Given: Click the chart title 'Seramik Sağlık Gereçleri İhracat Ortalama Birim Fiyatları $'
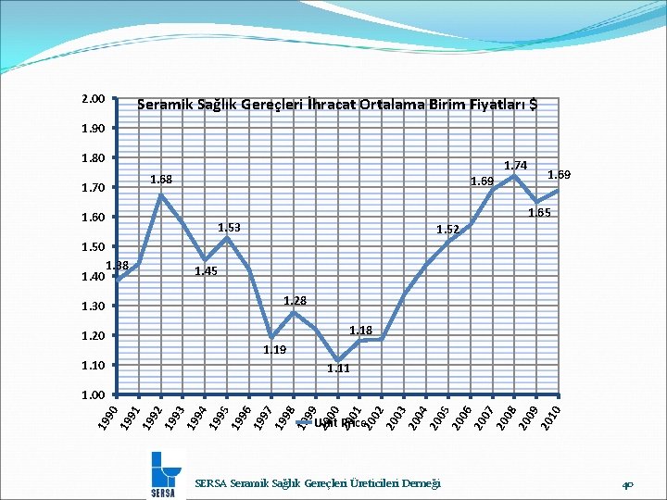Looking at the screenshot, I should [337, 105].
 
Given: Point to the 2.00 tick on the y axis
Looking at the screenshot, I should [93, 98].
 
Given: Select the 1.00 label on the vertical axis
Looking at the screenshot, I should [93, 394].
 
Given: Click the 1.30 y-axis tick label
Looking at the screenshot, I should [93, 306].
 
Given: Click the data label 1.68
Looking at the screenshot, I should [162, 179].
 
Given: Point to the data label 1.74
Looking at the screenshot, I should [515, 165].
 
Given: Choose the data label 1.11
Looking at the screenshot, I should [338, 369].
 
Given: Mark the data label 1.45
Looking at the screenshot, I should [206, 271].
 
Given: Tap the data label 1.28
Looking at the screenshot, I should [295, 301].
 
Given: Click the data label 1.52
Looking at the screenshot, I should [448, 229].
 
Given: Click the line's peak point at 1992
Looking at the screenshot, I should [160, 194].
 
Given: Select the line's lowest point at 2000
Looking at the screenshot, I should [338, 361].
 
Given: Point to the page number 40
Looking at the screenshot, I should [627, 483].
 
